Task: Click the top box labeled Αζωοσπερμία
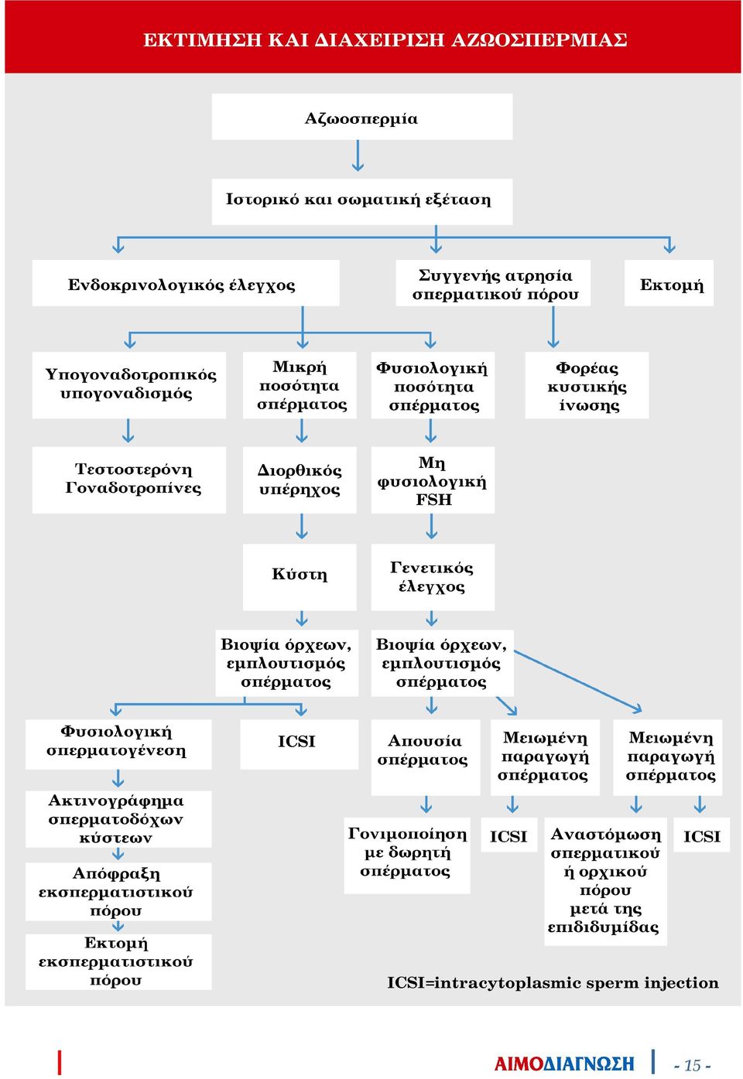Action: pyautogui.click(x=362, y=117)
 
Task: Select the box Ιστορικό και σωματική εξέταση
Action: pyautogui.click(x=362, y=202)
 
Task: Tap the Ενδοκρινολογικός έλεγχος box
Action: pyautogui.click(x=186, y=283)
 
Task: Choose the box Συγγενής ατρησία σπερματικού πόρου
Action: pyautogui.click(x=493, y=283)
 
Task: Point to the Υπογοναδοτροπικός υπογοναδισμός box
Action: pyautogui.click(x=128, y=385)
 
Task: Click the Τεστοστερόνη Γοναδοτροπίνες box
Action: pyautogui.click(x=128, y=480)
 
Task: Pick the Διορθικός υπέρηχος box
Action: pyautogui.click(x=300, y=480)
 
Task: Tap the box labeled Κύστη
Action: pyautogui.click(x=300, y=577)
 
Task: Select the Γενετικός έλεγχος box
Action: pyautogui.click(x=433, y=577)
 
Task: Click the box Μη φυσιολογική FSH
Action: pyautogui.click(x=433, y=480)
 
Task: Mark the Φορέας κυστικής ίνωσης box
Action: pyautogui.click(x=587, y=385)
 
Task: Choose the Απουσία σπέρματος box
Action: pyautogui.click(x=426, y=758)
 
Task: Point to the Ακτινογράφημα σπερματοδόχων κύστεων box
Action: pyautogui.click(x=118, y=819)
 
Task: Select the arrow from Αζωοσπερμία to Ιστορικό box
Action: pyautogui.click(x=358, y=155)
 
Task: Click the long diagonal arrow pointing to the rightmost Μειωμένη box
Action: pyautogui.click(x=578, y=681)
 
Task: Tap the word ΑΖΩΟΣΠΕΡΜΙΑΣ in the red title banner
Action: pyautogui.click(x=539, y=39)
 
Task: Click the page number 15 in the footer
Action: pyautogui.click(x=692, y=1064)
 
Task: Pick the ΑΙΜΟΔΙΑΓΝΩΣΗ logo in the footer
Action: pyautogui.click(x=564, y=1064)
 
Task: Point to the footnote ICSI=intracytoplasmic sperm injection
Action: pyautogui.click(x=553, y=982)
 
